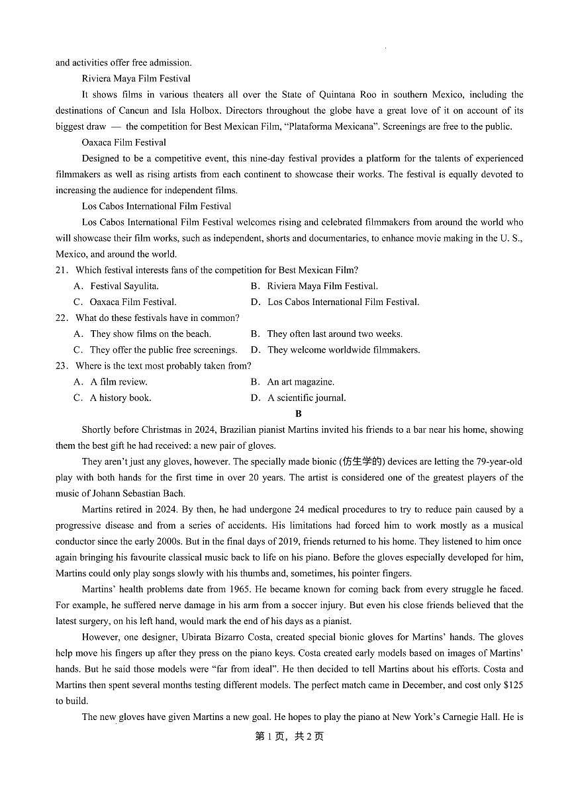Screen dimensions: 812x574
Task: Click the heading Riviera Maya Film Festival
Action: click(136, 79)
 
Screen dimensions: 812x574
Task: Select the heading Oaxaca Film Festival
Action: click(124, 142)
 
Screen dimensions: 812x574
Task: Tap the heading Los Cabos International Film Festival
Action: click(156, 206)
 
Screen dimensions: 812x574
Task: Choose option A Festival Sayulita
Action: click(117, 286)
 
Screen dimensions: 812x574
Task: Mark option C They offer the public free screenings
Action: click(156, 349)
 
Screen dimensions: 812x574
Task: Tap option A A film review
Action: click(111, 382)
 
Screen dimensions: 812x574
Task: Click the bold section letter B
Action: click(299, 414)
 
